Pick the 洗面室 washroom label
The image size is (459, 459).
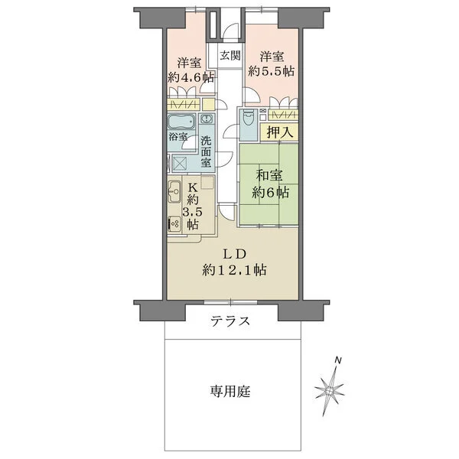tap(207, 151)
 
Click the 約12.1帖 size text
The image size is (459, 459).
tap(234, 270)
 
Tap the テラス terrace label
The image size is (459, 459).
tap(231, 321)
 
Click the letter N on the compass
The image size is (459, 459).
tap(338, 360)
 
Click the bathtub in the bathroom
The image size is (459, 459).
tap(181, 122)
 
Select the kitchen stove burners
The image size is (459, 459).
tap(174, 224)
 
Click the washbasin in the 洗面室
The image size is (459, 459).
tap(207, 121)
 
